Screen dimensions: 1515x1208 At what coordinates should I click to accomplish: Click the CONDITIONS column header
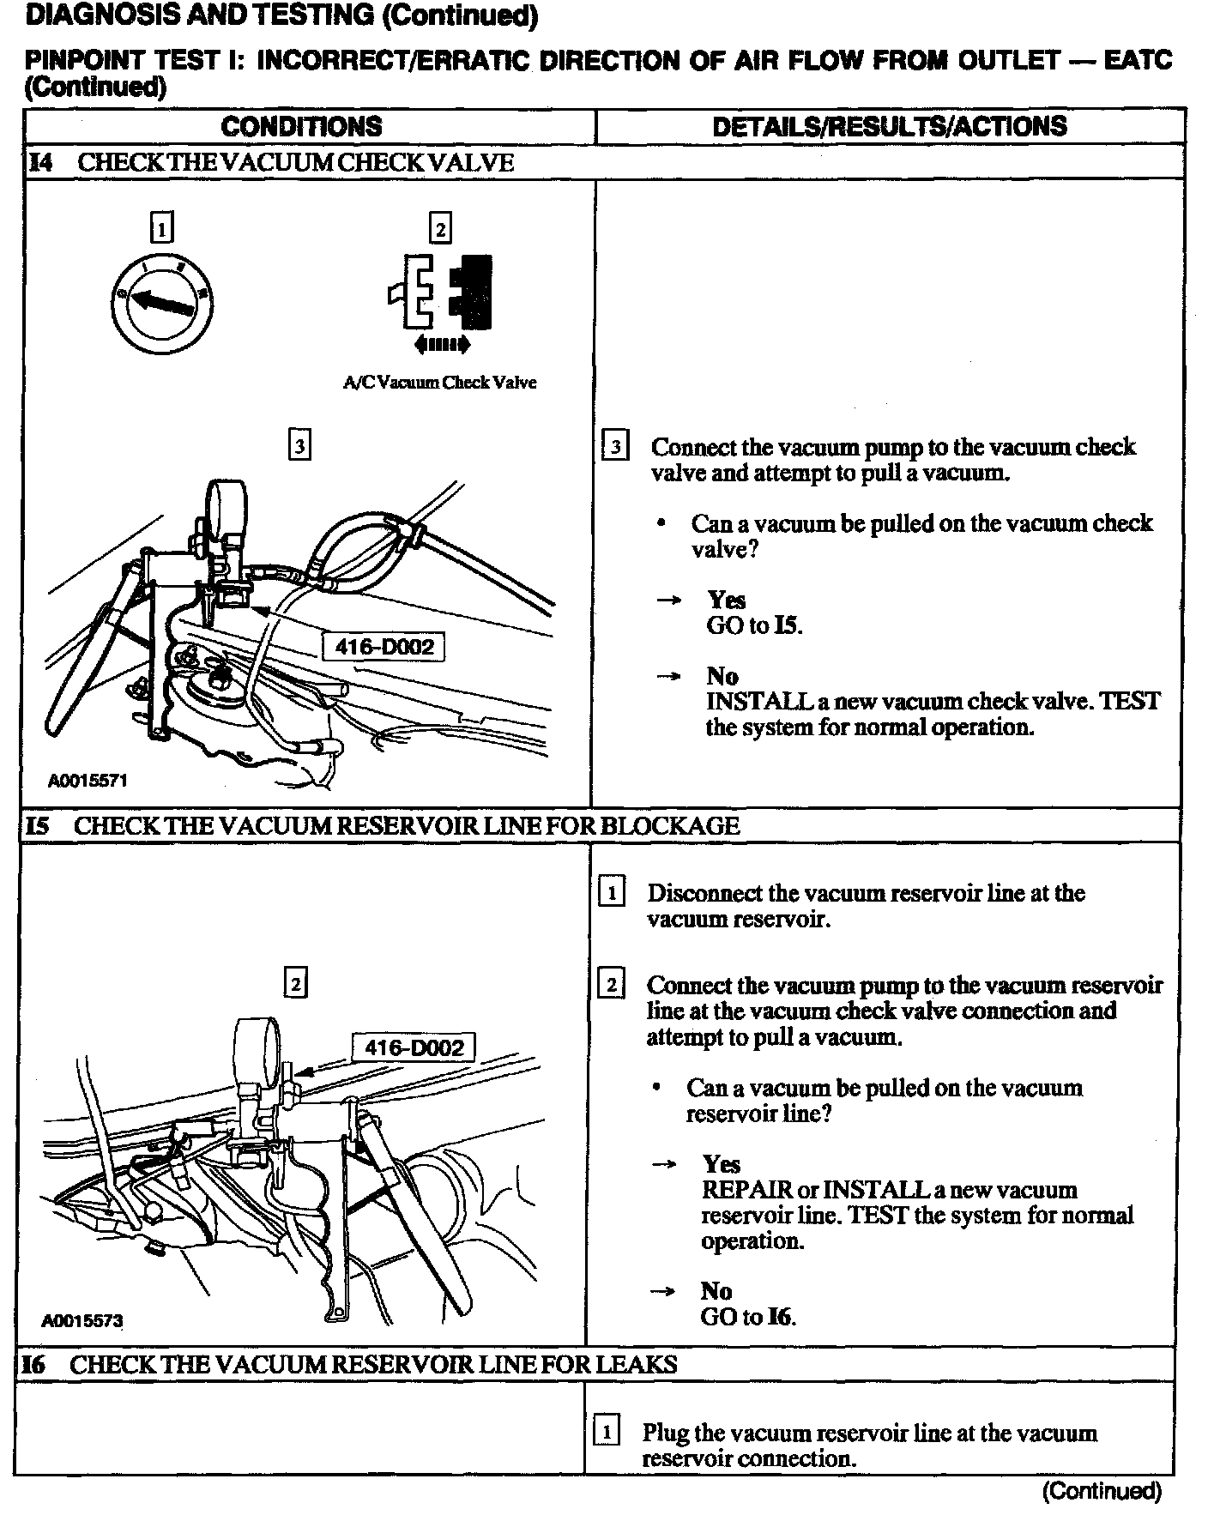301,127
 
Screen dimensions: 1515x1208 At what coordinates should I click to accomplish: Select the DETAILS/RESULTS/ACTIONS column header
890,127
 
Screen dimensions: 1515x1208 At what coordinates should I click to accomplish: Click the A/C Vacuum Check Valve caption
439,383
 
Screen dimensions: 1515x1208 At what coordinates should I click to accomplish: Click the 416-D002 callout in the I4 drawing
384,646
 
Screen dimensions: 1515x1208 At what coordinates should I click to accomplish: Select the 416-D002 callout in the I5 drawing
414,1047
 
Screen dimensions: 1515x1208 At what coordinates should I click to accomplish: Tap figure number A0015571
88,782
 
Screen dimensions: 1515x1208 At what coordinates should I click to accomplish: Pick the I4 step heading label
40,163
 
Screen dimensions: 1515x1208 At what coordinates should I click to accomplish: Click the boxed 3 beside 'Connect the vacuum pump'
615,447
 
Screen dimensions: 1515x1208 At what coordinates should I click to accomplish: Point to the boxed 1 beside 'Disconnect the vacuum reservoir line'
611,893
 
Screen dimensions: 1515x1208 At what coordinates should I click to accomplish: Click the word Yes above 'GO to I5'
726,600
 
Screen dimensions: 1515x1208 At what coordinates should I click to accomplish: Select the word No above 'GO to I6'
716,1291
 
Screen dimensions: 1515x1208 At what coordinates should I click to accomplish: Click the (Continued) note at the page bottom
1102,1491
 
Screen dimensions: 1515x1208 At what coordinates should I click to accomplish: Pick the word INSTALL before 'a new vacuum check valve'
758,702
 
